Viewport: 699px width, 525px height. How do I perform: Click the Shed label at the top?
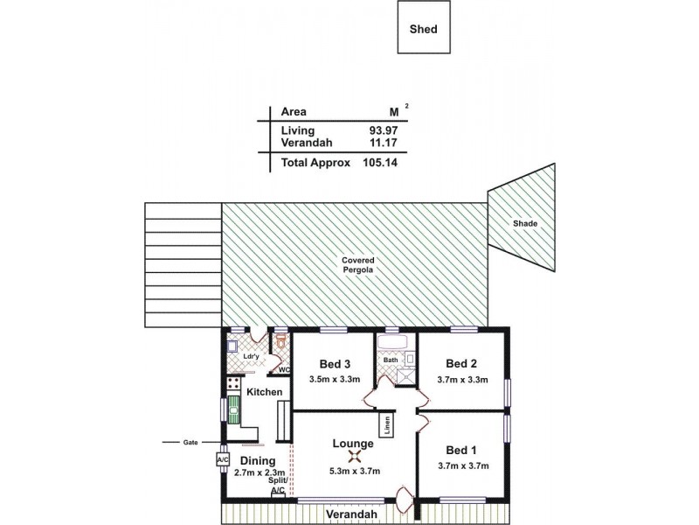[x=424, y=28]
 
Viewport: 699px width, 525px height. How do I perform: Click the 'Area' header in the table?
[x=293, y=112]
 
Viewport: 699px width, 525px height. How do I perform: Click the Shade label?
[x=524, y=224]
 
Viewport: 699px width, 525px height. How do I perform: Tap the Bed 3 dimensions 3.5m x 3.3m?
[x=333, y=380]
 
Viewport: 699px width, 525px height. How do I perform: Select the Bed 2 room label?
[x=460, y=363]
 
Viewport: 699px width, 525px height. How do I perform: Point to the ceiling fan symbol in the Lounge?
[x=354, y=456]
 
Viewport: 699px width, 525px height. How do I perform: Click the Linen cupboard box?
[x=385, y=425]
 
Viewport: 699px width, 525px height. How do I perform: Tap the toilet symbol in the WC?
[x=281, y=339]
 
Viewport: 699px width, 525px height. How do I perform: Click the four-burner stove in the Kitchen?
[x=233, y=383]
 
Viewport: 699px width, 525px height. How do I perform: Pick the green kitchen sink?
[x=234, y=409]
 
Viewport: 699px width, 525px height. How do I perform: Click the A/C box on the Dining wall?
[x=221, y=458]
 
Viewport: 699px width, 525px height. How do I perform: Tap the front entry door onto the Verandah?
[x=402, y=502]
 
